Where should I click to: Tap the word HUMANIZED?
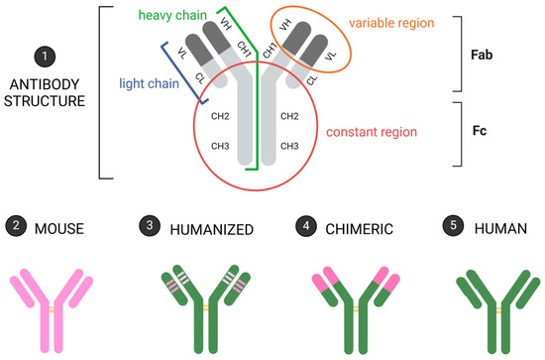click(x=212, y=227)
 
